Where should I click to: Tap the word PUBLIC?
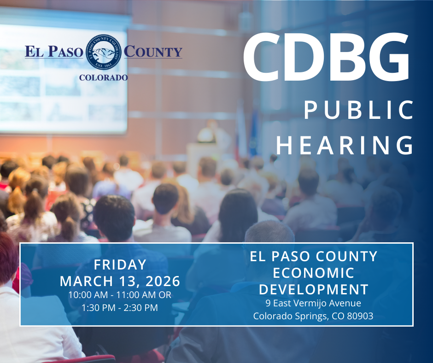[x=359, y=111]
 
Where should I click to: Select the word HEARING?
[x=345, y=145]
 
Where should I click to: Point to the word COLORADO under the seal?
[x=104, y=78]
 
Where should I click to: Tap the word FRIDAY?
[x=120, y=265]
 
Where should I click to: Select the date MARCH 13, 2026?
[x=120, y=281]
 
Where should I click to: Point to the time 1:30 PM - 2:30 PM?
[x=120, y=307]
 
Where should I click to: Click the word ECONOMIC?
[x=313, y=273]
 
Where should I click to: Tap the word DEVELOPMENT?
[x=313, y=289]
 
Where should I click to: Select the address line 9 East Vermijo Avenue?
[x=313, y=303]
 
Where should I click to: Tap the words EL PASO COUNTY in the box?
[x=313, y=256]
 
